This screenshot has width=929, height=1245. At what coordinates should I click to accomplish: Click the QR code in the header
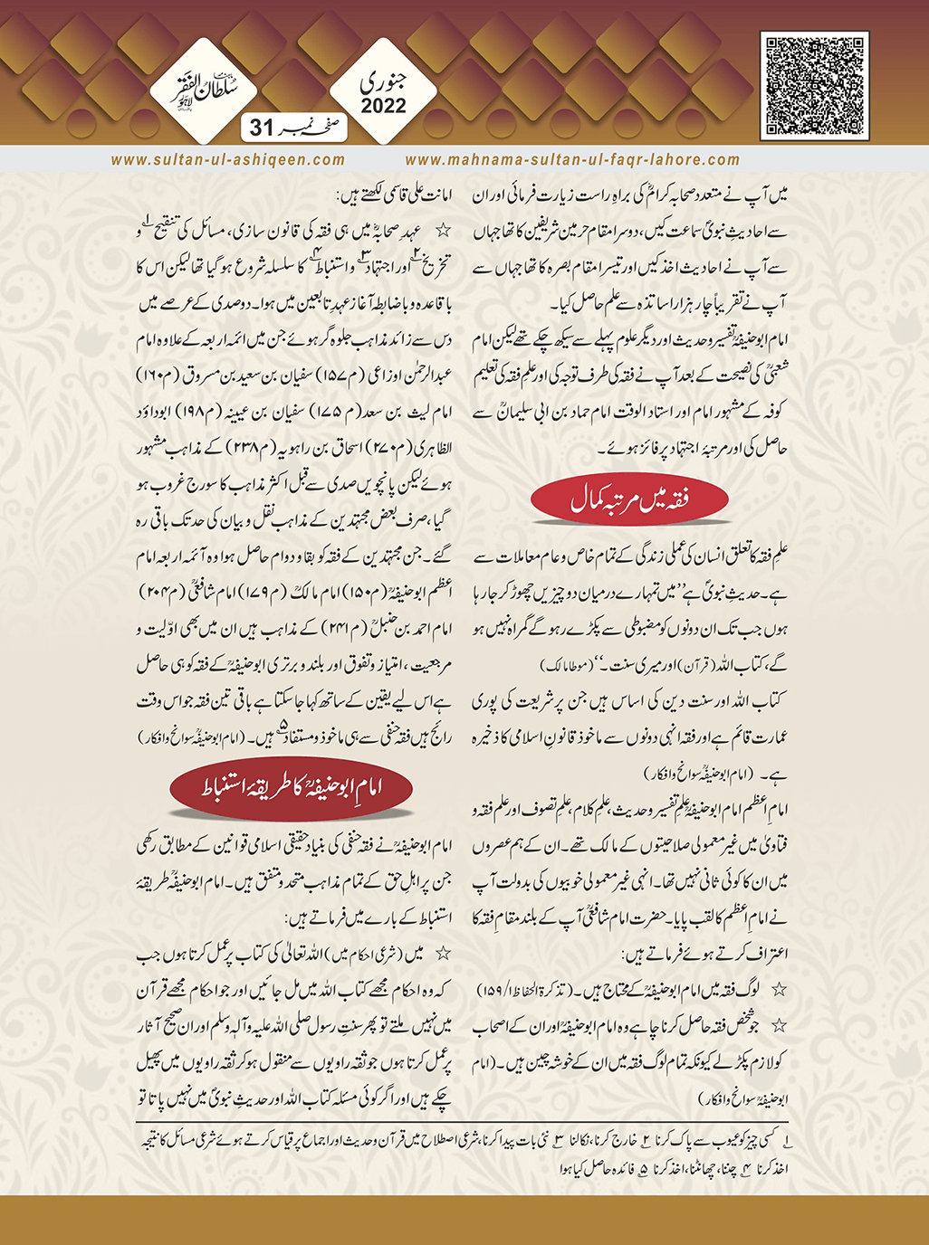tap(815, 86)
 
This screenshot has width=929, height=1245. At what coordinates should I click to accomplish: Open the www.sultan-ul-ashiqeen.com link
tap(228, 159)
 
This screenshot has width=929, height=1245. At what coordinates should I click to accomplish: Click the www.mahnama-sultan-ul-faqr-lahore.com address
tap(572, 159)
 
